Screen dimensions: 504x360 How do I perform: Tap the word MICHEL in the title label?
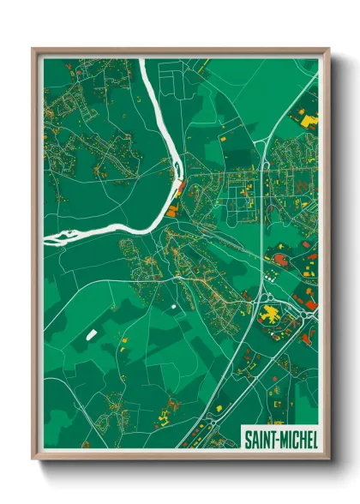(297, 439)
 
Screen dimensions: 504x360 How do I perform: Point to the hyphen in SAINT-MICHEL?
(277, 439)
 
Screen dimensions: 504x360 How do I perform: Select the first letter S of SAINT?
(248, 439)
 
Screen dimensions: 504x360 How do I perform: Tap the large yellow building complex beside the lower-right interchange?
(272, 315)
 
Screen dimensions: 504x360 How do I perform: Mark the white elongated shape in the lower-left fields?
(88, 334)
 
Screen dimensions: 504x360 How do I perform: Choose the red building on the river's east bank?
(180, 186)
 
